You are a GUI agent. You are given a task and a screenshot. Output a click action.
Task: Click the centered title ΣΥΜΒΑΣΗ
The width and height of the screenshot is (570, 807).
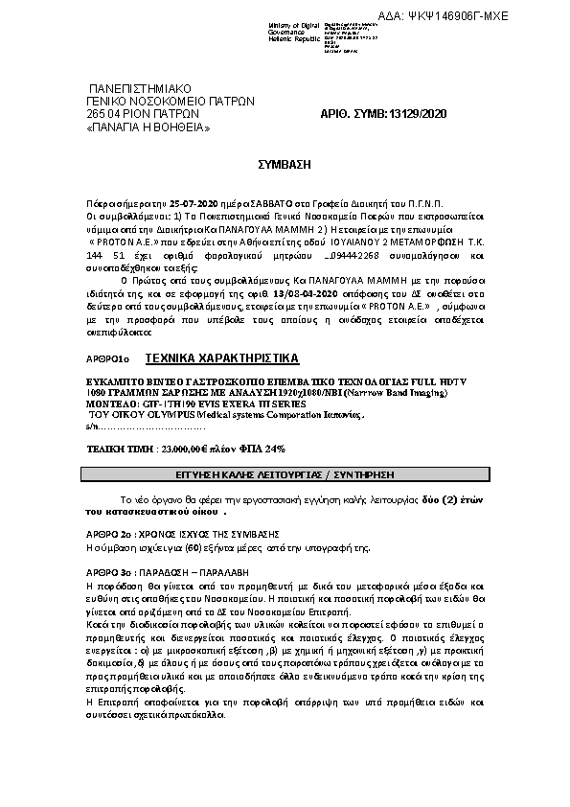click(x=285, y=165)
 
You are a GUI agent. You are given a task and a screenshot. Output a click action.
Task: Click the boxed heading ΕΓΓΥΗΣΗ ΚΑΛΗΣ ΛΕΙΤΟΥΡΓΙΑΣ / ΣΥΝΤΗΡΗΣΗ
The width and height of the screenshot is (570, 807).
click(x=285, y=474)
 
